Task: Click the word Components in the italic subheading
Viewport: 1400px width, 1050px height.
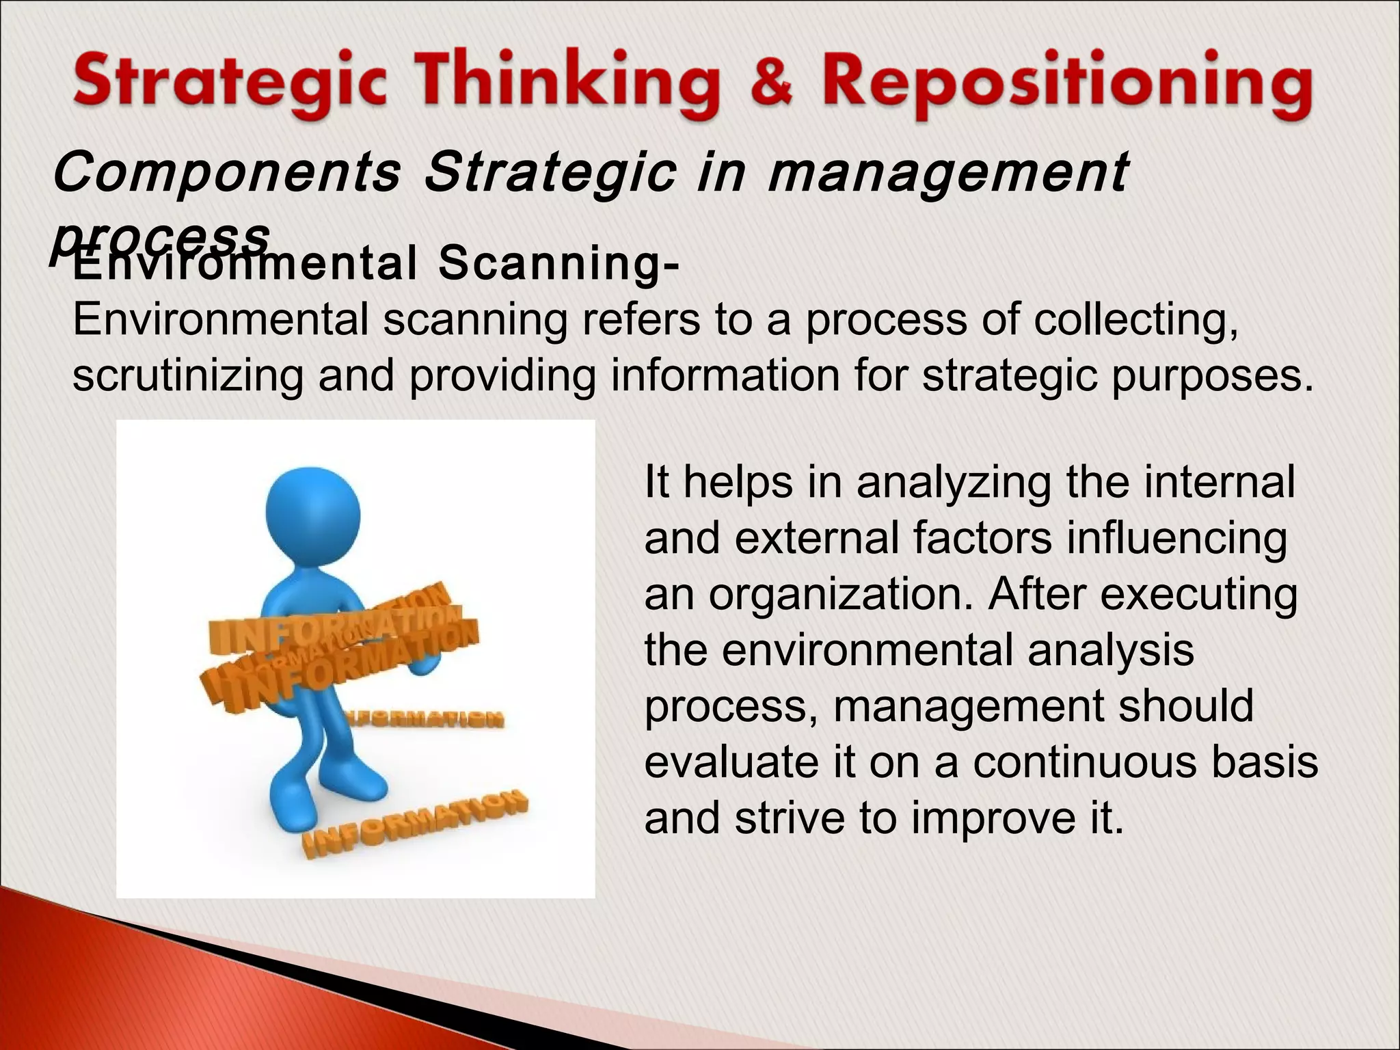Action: (226, 174)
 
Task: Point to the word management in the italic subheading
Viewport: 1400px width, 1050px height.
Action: (947, 174)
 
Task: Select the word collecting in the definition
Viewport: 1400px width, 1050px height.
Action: (1135, 320)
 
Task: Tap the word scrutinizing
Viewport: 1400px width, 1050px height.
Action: (187, 376)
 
